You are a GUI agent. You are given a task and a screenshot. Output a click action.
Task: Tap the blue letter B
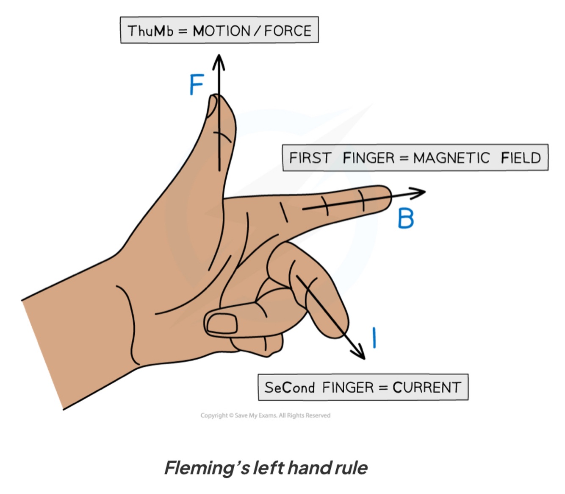click(x=406, y=219)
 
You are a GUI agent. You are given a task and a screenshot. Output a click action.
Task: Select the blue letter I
click(x=374, y=338)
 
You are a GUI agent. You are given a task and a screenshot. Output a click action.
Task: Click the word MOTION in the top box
click(x=222, y=31)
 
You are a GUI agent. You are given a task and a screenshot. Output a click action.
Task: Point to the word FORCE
click(x=288, y=31)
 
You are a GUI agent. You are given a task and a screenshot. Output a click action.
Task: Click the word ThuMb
click(x=150, y=31)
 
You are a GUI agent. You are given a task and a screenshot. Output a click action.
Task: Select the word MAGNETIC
click(x=451, y=158)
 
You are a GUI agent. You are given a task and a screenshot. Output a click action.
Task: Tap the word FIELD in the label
click(x=521, y=158)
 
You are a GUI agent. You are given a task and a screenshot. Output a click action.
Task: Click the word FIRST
click(x=310, y=158)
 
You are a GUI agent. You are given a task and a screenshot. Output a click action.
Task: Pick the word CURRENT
click(x=427, y=388)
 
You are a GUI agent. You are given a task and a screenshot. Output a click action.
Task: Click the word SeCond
click(x=290, y=388)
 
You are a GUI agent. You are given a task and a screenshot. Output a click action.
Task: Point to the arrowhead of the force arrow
click(x=219, y=59)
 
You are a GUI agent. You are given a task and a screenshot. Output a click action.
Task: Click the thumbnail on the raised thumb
click(x=211, y=106)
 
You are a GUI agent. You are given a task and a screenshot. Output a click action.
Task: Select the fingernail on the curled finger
click(x=221, y=324)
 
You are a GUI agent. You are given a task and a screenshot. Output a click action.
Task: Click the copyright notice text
click(x=266, y=416)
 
